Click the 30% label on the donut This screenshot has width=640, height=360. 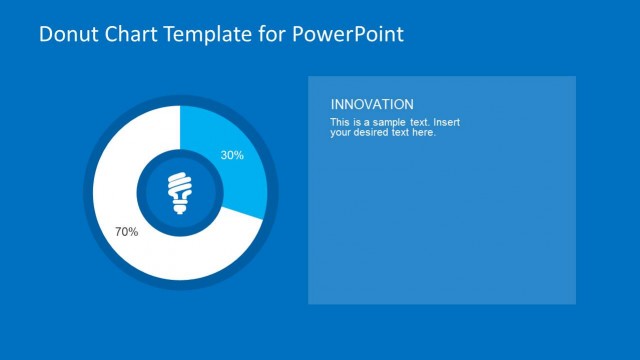tap(232, 155)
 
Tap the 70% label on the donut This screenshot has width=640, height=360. tap(126, 231)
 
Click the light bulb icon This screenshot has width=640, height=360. tap(180, 193)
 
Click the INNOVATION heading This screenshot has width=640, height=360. tap(371, 104)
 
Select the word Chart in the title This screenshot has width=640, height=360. tap(126, 35)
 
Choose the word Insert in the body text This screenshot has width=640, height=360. tap(446, 122)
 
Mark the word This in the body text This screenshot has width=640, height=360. tap(340, 122)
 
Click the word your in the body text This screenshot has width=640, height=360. tap(341, 132)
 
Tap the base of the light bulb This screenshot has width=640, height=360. tap(180, 206)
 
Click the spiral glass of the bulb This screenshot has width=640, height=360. tap(180, 186)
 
